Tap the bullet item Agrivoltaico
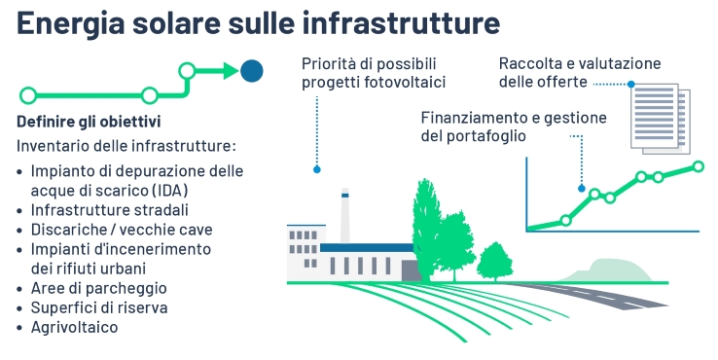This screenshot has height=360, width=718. click(74, 327)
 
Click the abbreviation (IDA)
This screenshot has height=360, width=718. click(166, 190)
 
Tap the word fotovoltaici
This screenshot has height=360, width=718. click(413, 84)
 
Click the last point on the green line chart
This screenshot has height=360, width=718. click(699, 166)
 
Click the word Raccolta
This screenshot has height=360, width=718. click(530, 63)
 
